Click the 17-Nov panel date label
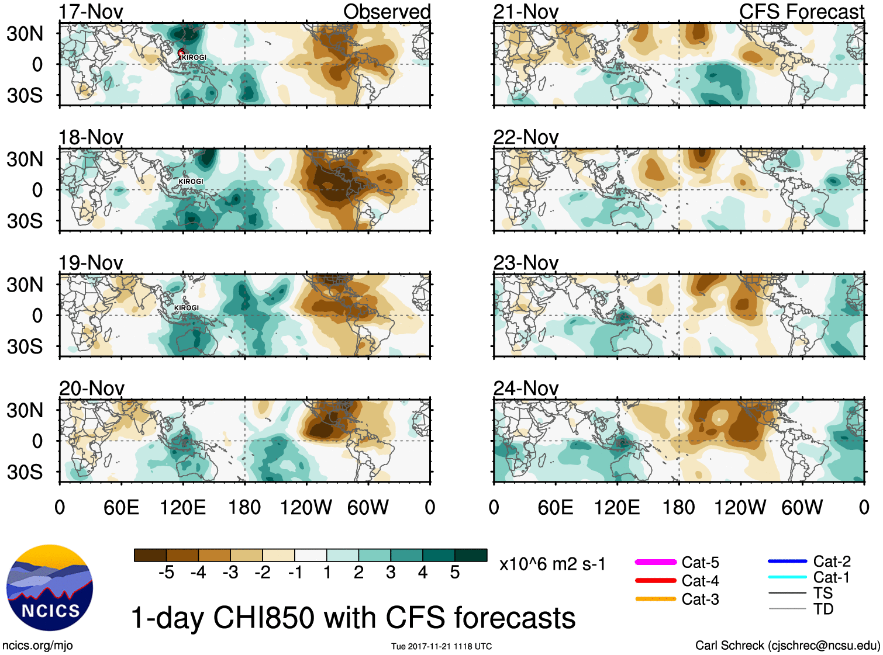click(x=91, y=12)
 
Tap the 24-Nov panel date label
click(x=526, y=388)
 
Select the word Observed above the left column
click(x=387, y=12)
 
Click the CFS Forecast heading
click(x=801, y=12)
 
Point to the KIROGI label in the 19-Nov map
click(x=187, y=308)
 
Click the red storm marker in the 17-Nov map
click(x=181, y=53)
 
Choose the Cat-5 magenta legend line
click(x=656, y=562)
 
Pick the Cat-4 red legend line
click(x=656, y=581)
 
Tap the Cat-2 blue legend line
click(x=787, y=562)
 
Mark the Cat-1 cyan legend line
click(x=787, y=577)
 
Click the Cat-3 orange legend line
click(x=656, y=599)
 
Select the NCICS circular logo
click(x=50, y=588)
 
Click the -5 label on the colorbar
click(x=166, y=573)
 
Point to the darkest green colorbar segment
click(x=471, y=555)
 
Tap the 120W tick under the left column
click(x=306, y=507)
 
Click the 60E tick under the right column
click(x=555, y=507)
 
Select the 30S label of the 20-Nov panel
click(x=25, y=472)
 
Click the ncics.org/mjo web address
click(x=37, y=646)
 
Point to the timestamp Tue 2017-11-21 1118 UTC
click(x=442, y=646)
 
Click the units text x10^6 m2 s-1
click(x=552, y=564)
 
